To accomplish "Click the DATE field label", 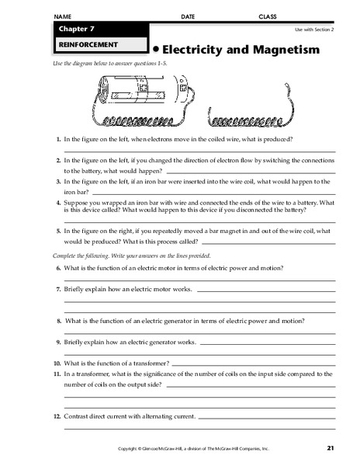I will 187,16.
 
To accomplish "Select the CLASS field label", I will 268,16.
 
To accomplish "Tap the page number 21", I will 331,448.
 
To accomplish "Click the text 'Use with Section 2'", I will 313,29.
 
